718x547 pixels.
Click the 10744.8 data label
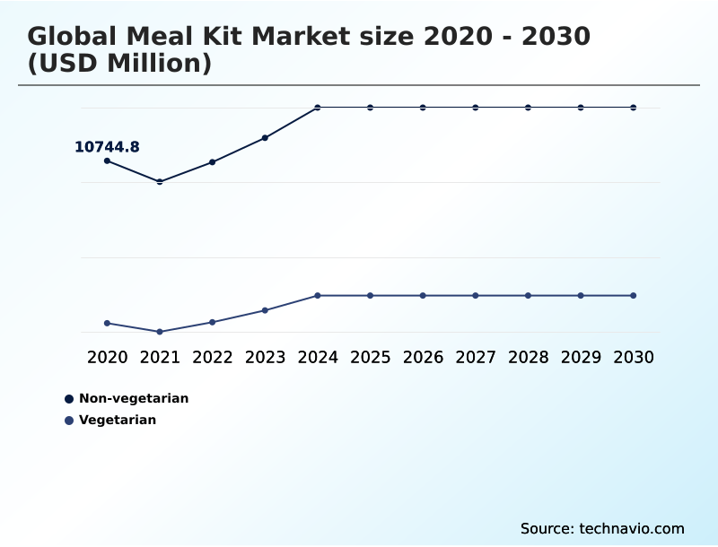pos(107,147)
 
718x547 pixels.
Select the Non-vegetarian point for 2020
pos(108,161)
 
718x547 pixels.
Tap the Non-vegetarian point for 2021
pos(160,182)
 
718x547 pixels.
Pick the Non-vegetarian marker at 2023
pos(265,138)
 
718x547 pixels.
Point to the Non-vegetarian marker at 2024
pos(318,108)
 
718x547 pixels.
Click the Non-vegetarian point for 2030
pos(633,108)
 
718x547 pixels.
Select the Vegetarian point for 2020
pos(108,323)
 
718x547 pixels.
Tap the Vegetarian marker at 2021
pos(160,332)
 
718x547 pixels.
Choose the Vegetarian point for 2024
pos(318,295)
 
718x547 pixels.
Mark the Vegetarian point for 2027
pos(476,295)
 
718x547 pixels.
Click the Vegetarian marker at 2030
pos(633,295)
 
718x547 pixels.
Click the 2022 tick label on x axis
pos(213,357)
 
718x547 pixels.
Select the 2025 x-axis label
pos(370,357)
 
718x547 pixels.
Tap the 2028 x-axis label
pos(528,357)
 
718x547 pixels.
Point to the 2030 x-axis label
pos(633,357)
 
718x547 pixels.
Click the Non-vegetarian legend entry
pos(133,398)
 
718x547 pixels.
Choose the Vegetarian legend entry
pos(117,420)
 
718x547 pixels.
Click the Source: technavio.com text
pos(602,528)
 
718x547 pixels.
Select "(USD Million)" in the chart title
pos(119,65)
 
